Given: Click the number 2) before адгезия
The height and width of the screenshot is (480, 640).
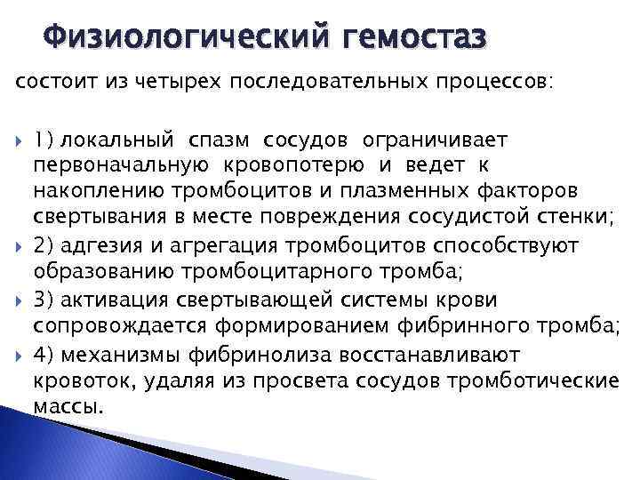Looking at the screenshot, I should pyautogui.click(x=44, y=244).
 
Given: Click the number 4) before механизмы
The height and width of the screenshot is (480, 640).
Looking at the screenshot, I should pyautogui.click(x=44, y=355).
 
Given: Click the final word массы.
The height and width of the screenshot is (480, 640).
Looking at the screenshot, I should pyautogui.click(x=68, y=406).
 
